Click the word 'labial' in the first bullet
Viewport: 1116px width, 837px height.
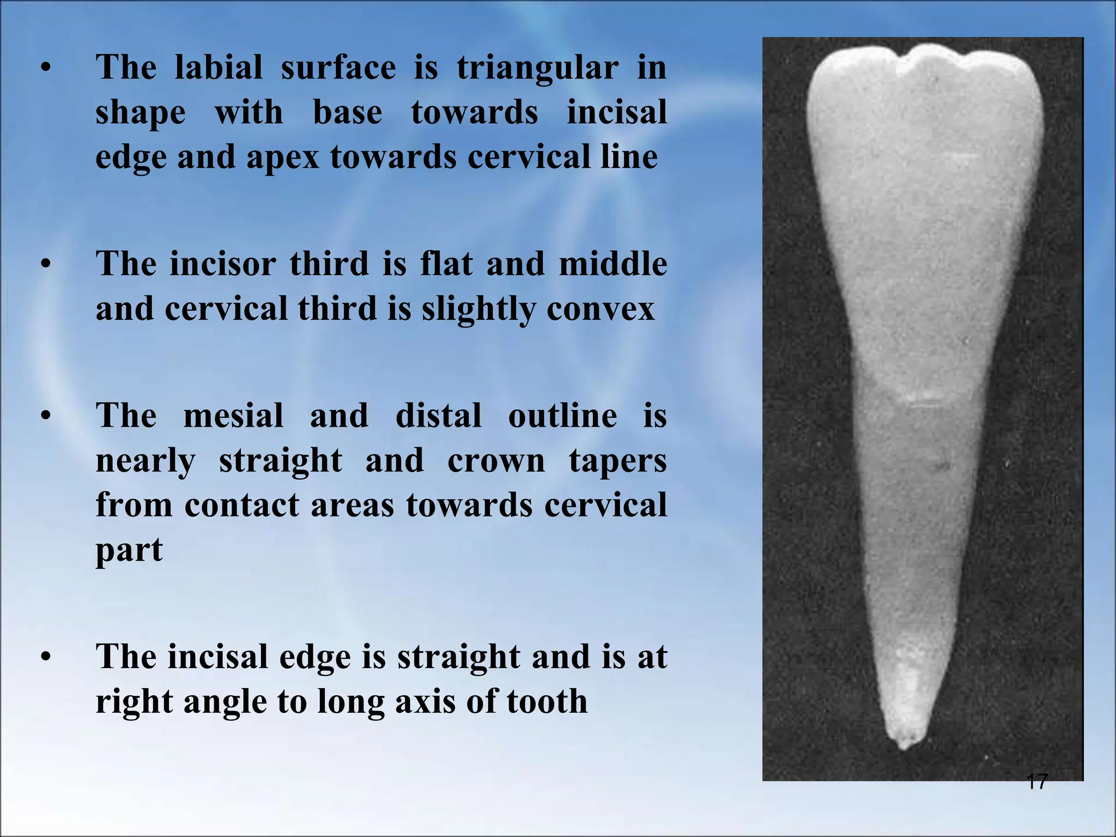coord(218,68)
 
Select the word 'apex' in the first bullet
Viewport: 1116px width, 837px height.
coord(283,158)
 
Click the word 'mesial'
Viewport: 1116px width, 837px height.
coord(233,416)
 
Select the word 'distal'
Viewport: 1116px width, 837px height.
coord(439,416)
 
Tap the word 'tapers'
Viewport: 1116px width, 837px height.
coord(617,462)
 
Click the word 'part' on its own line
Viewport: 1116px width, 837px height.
coord(129,550)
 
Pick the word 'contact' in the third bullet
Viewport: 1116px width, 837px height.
coord(241,505)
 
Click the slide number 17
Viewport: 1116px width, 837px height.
coord(1036,782)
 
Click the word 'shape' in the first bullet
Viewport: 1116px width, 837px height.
coord(141,113)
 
